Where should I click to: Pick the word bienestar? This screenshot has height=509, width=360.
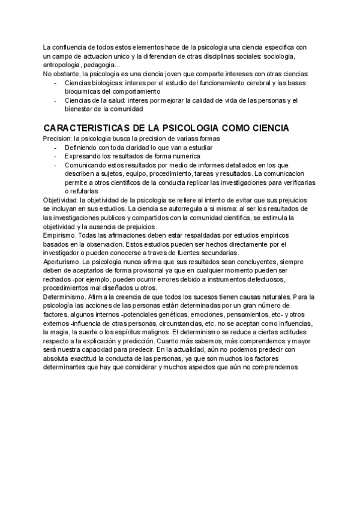[81, 110]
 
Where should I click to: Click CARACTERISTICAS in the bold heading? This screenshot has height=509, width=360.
[89, 129]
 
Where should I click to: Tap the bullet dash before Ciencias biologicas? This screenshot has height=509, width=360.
[56, 82]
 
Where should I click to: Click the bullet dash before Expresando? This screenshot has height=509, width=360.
[56, 156]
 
